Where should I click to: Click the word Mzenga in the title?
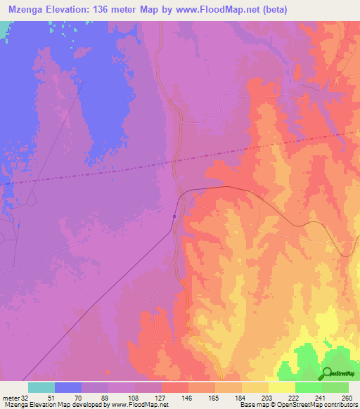point(26,8)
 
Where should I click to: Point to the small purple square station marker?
point(174,216)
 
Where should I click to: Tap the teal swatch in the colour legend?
point(41,387)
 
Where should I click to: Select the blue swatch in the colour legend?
point(68,387)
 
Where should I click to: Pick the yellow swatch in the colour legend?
point(281,387)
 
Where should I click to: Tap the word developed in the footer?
point(87,405)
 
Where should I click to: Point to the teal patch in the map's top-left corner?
point(5,28)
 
